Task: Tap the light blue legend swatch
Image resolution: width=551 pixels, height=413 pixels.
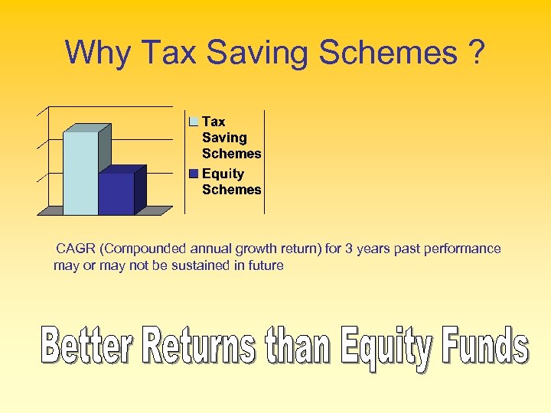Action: [x=194, y=122]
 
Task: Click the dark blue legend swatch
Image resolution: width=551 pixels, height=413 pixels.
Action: [x=194, y=174]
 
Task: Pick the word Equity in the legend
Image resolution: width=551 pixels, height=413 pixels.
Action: [x=223, y=174]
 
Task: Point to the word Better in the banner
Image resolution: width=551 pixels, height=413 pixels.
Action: [x=89, y=347]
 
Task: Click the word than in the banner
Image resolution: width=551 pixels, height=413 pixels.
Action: [x=295, y=347]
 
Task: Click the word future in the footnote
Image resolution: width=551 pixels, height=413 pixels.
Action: [x=264, y=265]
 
